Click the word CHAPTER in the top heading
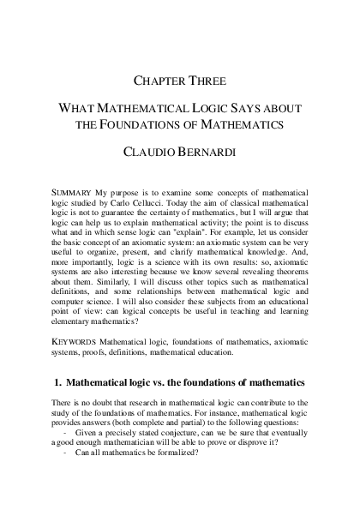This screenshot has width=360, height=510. point(160,81)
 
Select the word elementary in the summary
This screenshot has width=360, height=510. point(72,309)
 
